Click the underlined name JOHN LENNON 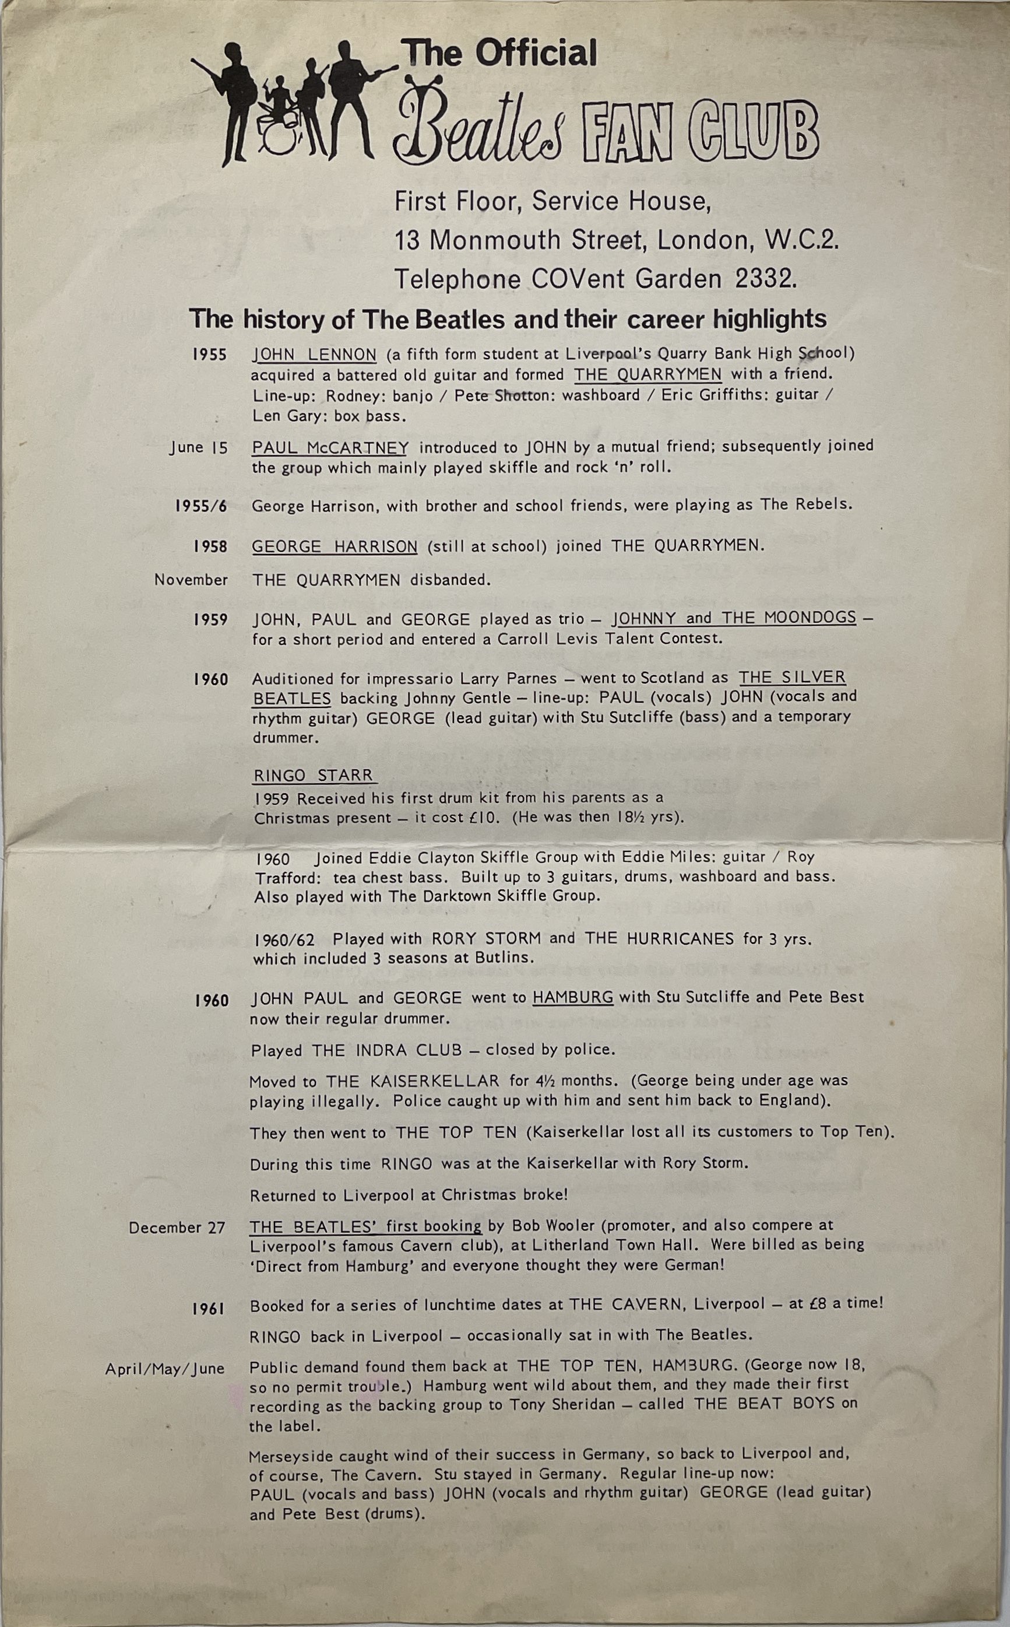click(x=314, y=354)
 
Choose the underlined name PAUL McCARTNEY click(x=330, y=447)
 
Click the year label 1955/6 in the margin click(x=200, y=506)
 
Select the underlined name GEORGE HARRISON click(x=334, y=546)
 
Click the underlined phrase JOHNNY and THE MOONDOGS click(x=734, y=618)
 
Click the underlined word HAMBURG click(x=572, y=998)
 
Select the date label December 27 click(x=177, y=1228)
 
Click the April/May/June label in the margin click(x=164, y=1369)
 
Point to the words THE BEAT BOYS click(x=764, y=1403)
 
